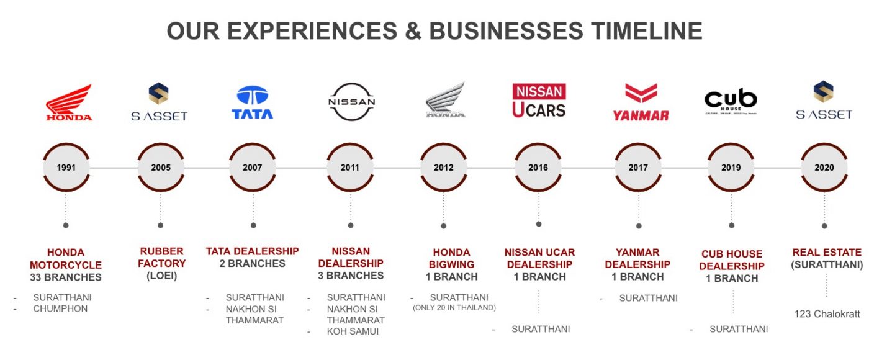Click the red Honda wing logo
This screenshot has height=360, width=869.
[69, 102]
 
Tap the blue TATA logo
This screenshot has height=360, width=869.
[253, 102]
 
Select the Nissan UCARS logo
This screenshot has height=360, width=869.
[539, 101]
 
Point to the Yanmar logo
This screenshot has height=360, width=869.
[641, 102]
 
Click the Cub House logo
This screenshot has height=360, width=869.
[731, 101]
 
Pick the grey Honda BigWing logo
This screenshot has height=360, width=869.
[446, 100]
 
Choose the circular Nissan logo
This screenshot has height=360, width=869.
[352, 102]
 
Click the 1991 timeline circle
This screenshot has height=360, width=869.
[66, 167]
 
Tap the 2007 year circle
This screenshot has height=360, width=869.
[253, 167]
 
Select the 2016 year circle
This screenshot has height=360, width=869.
[538, 167]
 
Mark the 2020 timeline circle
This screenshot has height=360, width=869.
[824, 167]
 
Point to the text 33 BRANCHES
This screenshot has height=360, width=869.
[66, 277]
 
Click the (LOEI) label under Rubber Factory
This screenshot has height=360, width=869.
[162, 276]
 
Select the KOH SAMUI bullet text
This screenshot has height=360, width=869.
[353, 331]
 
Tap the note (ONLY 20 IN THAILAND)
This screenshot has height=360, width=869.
[454, 308]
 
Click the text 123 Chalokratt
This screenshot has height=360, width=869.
[827, 314]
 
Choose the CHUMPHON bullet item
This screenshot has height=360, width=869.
[60, 309]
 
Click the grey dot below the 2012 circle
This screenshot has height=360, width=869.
[443, 226]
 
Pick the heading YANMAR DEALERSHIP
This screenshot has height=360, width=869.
[637, 258]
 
